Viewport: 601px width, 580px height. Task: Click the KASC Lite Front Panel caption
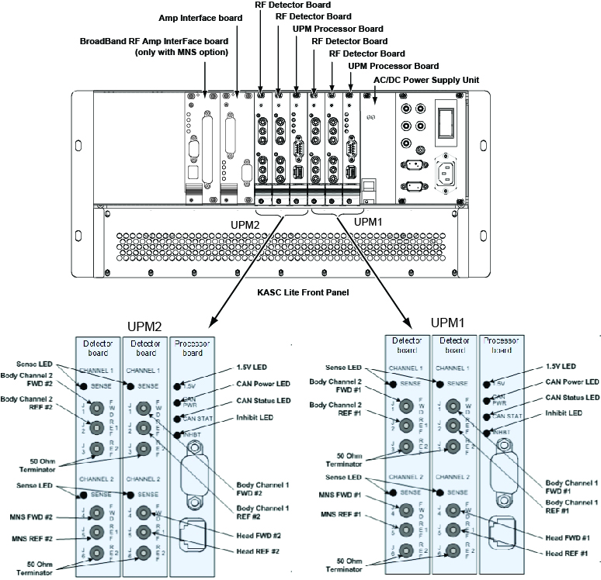click(x=302, y=294)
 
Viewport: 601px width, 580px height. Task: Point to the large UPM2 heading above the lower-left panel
click(x=145, y=326)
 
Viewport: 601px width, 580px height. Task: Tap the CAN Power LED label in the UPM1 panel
click(x=570, y=381)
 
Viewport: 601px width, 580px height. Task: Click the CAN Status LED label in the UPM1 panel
click(x=571, y=397)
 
